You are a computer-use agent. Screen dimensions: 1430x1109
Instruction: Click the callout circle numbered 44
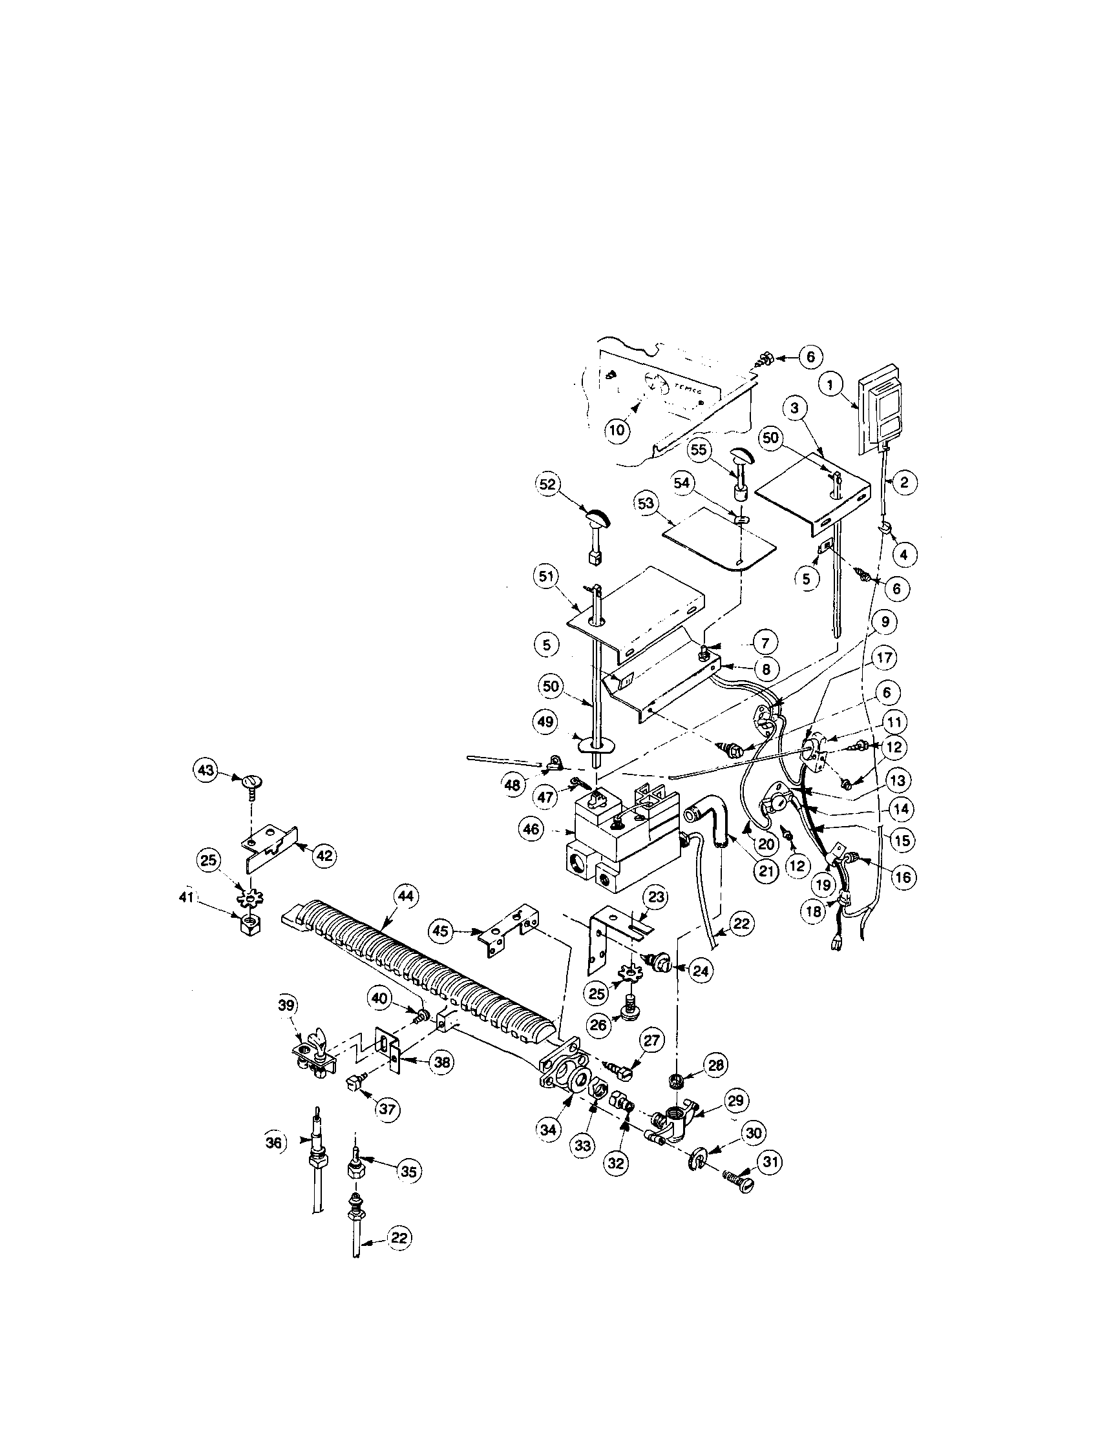click(406, 898)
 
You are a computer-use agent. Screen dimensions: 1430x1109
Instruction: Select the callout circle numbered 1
click(830, 386)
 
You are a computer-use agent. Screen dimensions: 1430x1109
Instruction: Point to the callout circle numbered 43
click(206, 771)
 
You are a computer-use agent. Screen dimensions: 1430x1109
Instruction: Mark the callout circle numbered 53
click(646, 504)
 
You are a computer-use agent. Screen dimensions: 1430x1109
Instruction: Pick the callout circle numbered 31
click(769, 1161)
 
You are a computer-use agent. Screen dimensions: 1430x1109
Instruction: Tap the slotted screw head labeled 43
click(251, 781)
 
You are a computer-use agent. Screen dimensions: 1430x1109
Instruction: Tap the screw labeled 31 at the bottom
click(738, 1179)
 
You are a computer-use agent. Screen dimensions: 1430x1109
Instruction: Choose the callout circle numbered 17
click(884, 658)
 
